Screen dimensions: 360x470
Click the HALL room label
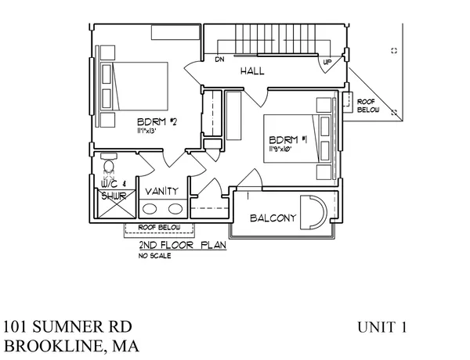click(252, 71)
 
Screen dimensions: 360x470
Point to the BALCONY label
click(272, 218)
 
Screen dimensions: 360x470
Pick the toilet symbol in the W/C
click(108, 167)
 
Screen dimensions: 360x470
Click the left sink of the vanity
click(150, 208)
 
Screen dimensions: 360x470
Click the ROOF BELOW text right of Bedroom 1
click(367, 106)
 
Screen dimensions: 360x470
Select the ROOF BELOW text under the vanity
click(159, 228)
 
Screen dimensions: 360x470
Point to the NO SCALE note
click(154, 255)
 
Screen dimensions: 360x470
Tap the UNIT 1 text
click(381, 327)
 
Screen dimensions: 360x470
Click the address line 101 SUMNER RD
click(67, 326)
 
